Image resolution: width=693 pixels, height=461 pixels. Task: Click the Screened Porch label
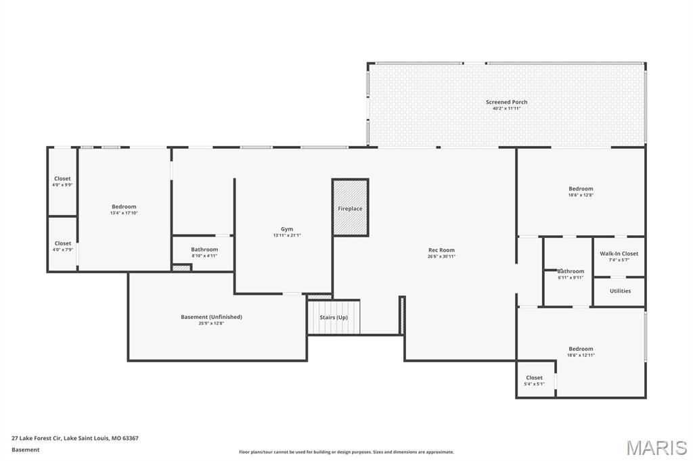point(506,102)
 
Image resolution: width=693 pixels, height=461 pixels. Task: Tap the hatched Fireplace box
point(350,208)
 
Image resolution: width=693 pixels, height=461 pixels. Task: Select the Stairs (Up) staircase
point(334,318)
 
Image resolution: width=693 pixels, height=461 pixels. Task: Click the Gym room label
point(287,229)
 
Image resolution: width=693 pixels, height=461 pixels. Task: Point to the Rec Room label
point(441,250)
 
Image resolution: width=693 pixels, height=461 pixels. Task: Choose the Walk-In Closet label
point(619,253)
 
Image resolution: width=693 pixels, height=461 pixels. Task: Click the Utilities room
point(619,291)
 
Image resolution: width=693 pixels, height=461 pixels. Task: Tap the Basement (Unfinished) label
point(211,317)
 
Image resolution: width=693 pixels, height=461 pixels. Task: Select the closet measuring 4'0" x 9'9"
point(62,181)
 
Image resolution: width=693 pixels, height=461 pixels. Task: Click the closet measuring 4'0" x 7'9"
point(62,246)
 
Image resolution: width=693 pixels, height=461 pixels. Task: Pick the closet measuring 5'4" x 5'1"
point(534,381)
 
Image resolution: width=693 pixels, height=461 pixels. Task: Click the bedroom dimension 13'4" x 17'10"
point(124,213)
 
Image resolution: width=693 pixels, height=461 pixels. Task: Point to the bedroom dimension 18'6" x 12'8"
point(581,195)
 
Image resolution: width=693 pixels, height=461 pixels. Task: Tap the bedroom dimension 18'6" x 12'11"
point(581,355)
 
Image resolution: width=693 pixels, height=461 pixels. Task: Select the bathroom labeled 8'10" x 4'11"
point(204,252)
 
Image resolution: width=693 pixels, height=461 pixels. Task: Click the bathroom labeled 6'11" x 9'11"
point(571,274)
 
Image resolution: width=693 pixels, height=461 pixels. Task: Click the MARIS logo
point(656,447)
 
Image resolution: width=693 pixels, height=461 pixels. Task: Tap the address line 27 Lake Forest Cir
point(75,438)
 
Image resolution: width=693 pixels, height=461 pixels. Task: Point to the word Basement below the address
point(26,450)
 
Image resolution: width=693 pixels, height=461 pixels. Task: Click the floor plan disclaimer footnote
point(346,452)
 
